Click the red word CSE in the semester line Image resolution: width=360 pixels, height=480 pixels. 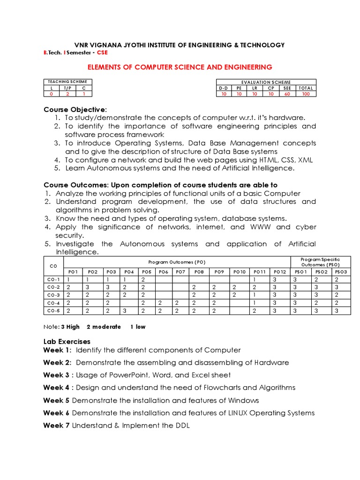point(102,52)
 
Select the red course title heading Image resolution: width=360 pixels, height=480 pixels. point(180,67)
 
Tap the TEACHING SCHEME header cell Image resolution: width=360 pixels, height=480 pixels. point(67,82)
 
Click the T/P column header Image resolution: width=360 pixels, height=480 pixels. point(67,88)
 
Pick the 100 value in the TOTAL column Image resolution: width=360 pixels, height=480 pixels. point(306,94)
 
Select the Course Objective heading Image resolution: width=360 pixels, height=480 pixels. point(75,109)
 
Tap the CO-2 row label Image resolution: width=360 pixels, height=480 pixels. point(54,286)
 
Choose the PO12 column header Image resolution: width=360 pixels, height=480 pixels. point(280,271)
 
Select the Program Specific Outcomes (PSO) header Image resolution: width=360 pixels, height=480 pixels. point(321,262)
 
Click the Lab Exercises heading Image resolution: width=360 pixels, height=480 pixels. point(67,341)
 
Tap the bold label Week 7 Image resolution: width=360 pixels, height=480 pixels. point(56,425)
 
